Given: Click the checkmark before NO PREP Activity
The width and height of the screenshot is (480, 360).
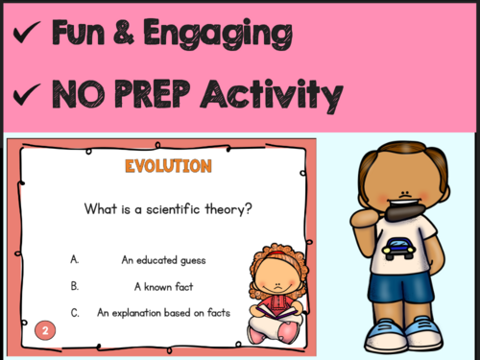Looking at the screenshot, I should pos(27,96).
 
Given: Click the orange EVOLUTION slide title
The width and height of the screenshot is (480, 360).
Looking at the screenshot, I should pos(167,167).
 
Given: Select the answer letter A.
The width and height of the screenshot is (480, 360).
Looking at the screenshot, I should pos(75,259).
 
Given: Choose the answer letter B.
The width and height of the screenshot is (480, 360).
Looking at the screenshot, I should pos(75,285).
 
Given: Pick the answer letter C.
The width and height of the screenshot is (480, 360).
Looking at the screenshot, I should pos(75,312).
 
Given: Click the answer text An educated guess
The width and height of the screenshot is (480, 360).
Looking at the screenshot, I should pos(164,259).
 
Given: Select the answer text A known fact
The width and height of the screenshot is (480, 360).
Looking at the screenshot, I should pos(164,285).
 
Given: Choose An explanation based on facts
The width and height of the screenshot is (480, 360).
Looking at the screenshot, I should pos(163,312).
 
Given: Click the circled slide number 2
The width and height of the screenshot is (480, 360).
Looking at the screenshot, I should pos(45,331).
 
